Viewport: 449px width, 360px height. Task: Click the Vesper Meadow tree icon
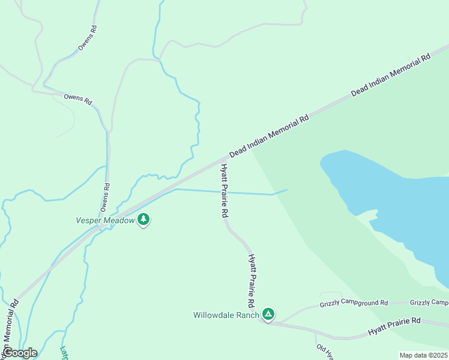[x=143, y=220]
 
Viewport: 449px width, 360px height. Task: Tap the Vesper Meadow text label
[x=105, y=220]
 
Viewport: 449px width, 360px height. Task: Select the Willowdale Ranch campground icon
[x=269, y=314]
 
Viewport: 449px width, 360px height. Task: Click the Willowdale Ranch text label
[x=226, y=314]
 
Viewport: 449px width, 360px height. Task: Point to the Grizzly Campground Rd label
[x=354, y=302]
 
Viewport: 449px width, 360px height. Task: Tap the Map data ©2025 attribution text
[x=423, y=355]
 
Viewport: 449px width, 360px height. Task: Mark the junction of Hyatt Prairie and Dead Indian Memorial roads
[x=221, y=160]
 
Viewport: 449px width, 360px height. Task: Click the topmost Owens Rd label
[x=88, y=38]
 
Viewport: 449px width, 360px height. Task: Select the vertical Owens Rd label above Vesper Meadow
[x=106, y=197]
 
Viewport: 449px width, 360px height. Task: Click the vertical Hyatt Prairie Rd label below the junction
[x=224, y=190]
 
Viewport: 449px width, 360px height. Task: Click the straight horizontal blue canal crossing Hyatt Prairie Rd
[x=252, y=193]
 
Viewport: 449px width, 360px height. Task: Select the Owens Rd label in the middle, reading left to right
[x=77, y=99]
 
